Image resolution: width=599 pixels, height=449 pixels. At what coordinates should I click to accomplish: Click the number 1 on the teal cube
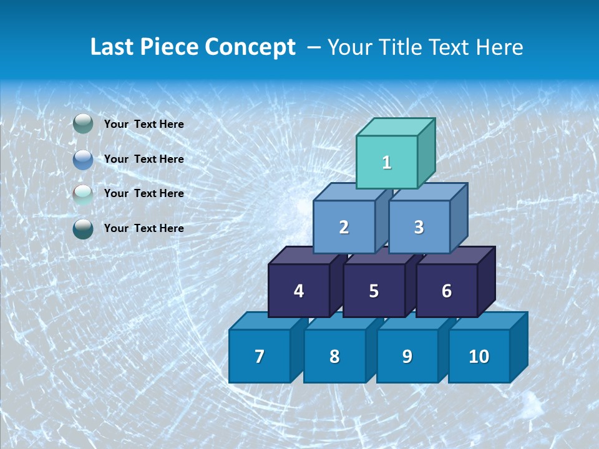tap(387, 163)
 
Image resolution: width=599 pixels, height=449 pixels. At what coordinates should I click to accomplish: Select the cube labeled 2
tap(344, 228)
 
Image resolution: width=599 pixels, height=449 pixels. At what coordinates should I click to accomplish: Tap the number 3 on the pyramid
tap(419, 228)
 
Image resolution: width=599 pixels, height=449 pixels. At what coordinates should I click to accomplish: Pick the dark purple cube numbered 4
tap(299, 291)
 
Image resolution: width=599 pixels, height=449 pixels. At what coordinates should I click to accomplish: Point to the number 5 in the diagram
tap(374, 291)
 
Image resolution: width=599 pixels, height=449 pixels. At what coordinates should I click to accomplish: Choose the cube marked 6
tap(447, 291)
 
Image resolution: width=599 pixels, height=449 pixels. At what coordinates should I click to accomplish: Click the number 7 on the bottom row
tap(260, 357)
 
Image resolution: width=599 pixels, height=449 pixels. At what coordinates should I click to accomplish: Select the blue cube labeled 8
tap(334, 357)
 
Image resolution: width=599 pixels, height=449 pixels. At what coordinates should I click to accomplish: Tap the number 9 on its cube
tap(407, 357)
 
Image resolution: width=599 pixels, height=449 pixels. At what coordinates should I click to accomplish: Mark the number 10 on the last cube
tap(479, 357)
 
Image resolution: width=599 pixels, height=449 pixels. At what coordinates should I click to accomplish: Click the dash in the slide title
tap(314, 47)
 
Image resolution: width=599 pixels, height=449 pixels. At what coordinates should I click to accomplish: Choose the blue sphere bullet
tap(83, 160)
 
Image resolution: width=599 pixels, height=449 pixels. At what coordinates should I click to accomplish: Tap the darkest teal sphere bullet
tap(83, 229)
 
